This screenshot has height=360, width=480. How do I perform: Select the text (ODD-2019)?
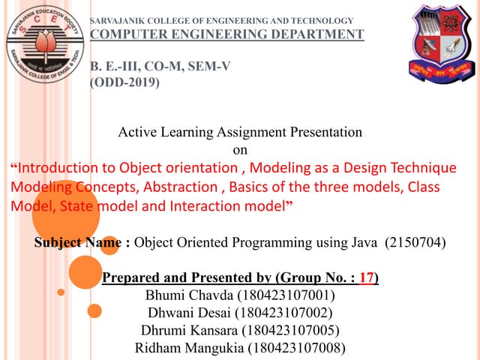(124, 83)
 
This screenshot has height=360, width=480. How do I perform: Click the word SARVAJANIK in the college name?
(115, 19)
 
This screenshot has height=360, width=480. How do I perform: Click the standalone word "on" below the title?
(240, 149)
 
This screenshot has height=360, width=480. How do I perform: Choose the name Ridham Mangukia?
(184, 348)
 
